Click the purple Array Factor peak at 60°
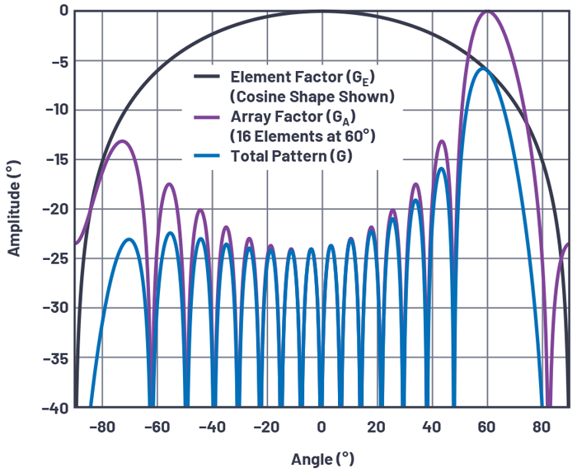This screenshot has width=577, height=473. pos(487,12)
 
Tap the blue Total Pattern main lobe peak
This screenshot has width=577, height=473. pos(483,69)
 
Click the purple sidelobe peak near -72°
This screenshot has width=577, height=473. pos(123,141)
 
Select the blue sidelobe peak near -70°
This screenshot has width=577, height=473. pos(129,239)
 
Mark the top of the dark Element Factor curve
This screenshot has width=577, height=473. pos(321,11)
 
